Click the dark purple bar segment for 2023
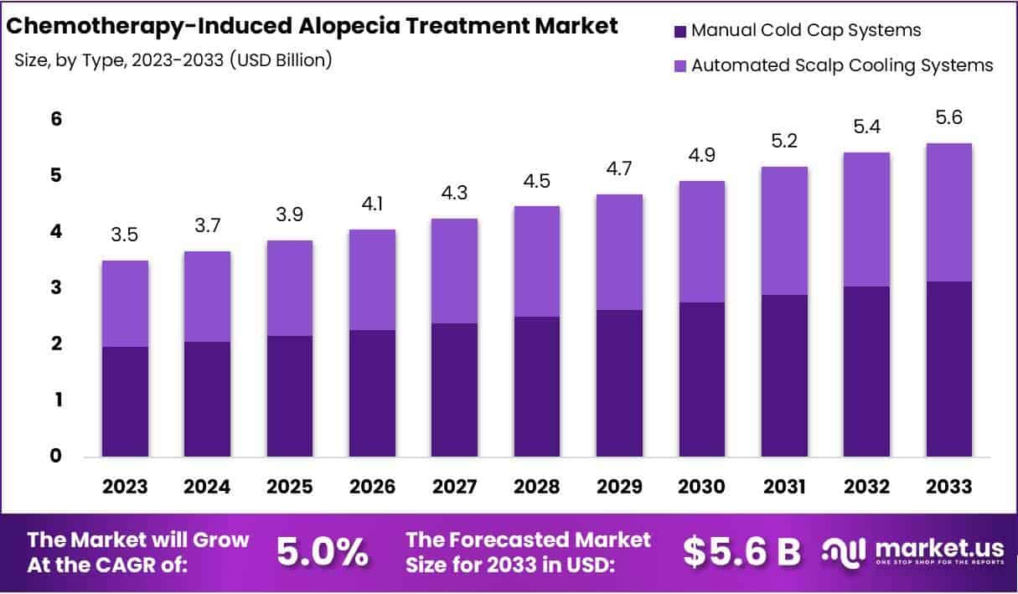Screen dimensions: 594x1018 [x=126, y=401]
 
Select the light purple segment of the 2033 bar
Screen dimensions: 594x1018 [x=949, y=212]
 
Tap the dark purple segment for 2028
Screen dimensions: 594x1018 [x=537, y=386]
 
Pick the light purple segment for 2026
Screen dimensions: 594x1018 [x=373, y=279]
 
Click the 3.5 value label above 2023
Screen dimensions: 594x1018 [x=126, y=235]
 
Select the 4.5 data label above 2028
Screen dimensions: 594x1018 [x=537, y=180]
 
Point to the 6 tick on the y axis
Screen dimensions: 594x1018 [x=56, y=119]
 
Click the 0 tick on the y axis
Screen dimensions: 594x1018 [x=56, y=457]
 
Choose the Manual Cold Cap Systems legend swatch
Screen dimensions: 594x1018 [x=679, y=31]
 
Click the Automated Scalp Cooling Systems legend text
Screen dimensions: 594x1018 [x=842, y=65]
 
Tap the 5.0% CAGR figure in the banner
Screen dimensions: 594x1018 [x=323, y=552]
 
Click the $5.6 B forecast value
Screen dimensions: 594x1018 [x=742, y=551]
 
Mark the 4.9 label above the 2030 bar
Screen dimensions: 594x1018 [x=702, y=155]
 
